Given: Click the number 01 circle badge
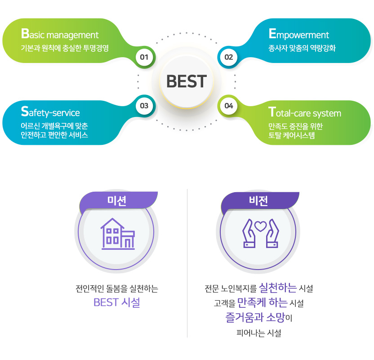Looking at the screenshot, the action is coord(144,57).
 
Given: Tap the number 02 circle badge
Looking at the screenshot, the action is coord(229,57).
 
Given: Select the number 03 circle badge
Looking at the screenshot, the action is coord(144,106).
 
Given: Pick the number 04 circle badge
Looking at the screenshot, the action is coord(229,106).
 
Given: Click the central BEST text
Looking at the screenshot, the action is coord(187,81).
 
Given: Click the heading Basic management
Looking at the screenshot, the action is coord(60,34).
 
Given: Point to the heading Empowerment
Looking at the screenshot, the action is coord(298,34).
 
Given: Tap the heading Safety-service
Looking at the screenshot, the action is coord(50,112).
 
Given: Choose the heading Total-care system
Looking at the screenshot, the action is coord(305,112).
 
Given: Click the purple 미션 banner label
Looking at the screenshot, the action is coord(116,201).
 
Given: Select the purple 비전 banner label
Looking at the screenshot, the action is coord(258,201).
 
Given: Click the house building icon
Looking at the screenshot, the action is coord(118,234).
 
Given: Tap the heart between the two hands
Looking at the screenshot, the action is coord(260,226).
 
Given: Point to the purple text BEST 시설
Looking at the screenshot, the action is coord(116,302).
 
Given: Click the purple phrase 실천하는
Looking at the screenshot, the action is coord(278,288).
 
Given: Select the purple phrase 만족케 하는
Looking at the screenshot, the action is coord(263,303).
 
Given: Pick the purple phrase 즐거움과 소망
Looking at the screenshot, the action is coord(255,318).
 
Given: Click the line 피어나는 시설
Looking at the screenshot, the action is coord(259,333).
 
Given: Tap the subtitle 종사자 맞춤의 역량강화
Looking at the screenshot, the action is coord(302,48).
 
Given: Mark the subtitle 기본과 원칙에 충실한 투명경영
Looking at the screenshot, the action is coord(65,48).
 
